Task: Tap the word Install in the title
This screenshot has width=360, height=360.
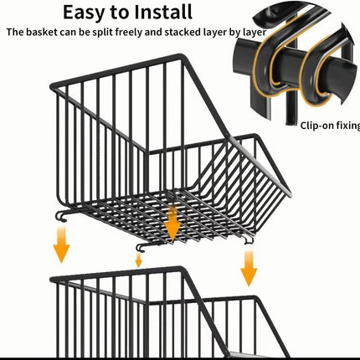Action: pos(163,12)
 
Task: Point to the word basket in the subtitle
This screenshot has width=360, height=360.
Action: pos(42,32)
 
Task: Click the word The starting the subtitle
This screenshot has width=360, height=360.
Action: pos(15,32)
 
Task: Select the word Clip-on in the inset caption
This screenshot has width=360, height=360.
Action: pos(316,126)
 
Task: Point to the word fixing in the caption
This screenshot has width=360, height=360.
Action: pos(347,126)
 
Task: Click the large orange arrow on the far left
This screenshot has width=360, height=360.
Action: pos(61,245)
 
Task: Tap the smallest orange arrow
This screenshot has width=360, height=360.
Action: pos(138,260)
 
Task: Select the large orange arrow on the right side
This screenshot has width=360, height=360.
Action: pos(249,269)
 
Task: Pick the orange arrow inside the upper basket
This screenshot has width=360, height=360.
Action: pos(172,224)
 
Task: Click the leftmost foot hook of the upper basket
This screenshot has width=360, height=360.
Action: pos(63,217)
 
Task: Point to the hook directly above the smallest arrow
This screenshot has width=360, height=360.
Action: pos(142,248)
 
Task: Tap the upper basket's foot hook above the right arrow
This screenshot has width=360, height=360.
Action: pos(249,240)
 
